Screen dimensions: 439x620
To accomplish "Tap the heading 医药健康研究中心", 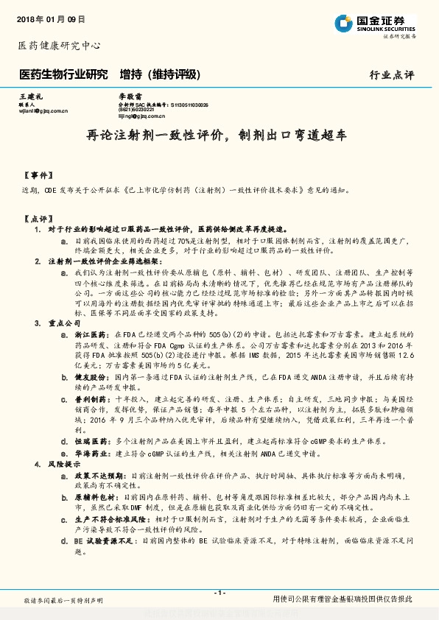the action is pyautogui.click(x=58, y=46).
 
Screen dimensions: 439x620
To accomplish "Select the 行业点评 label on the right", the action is pyautogui.click(x=392, y=75).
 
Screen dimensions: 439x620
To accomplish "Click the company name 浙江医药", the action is pyautogui.click(x=88, y=334).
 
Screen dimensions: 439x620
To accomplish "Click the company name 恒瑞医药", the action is pyautogui.click(x=88, y=441).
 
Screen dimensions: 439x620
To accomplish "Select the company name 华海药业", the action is pyautogui.click(x=88, y=454).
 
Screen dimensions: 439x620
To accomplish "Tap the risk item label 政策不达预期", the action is pyautogui.click(x=94, y=476).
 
